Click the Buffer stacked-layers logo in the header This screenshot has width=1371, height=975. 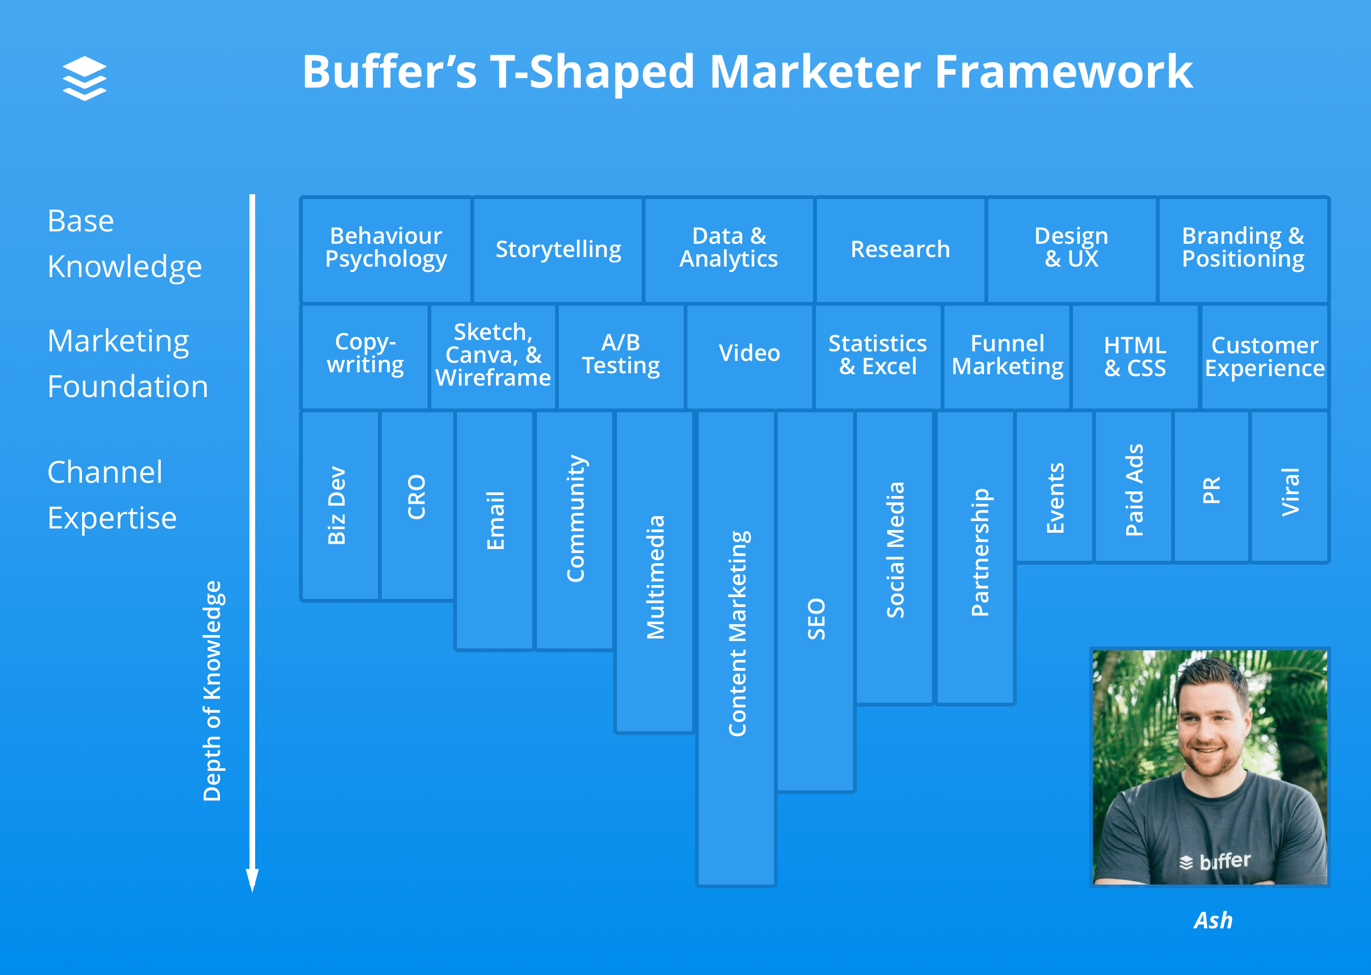pos(85,78)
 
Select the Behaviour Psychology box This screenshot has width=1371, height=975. pos(386,249)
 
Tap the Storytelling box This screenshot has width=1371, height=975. pos(557,249)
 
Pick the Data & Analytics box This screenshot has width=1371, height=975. pos(729,249)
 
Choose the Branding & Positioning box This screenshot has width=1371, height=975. pos(1243,249)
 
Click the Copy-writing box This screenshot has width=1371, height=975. pos(365,356)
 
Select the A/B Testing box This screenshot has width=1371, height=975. pos(621,356)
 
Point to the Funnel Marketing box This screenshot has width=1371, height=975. pos(1007,356)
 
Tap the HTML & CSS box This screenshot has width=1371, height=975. pos(1135,356)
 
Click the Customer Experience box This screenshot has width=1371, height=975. pos(1265,356)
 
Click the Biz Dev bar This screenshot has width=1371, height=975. pos(340,506)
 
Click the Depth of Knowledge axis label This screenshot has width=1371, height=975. pos(212,690)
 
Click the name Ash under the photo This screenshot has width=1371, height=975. pos(1212,920)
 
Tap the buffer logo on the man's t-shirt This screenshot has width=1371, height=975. pos(1215,862)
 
